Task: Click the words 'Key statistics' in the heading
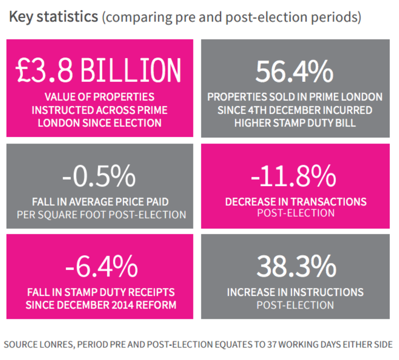(x=52, y=17)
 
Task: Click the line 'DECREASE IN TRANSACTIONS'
(x=296, y=202)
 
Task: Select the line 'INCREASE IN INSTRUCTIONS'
(x=295, y=292)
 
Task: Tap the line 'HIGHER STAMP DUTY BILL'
(x=295, y=123)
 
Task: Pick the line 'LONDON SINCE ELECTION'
(x=100, y=123)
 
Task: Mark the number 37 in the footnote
(x=273, y=345)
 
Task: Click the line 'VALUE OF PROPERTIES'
(x=100, y=98)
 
